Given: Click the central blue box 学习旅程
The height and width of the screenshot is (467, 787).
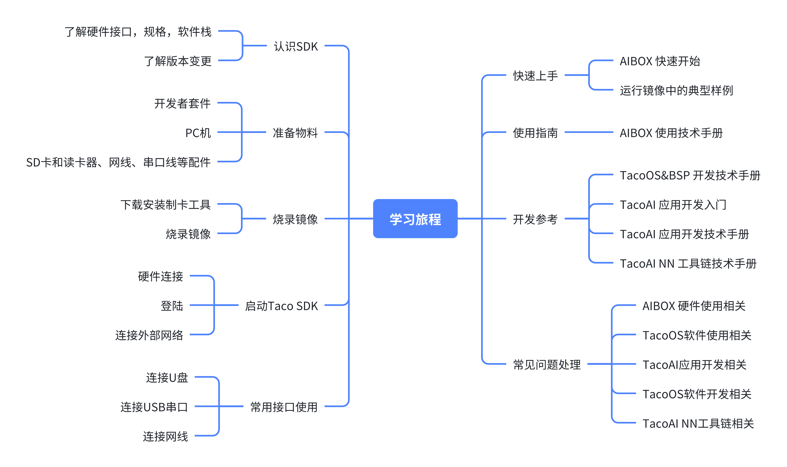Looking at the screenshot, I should (x=415, y=219).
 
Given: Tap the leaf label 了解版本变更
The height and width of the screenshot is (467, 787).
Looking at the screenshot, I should (x=178, y=61).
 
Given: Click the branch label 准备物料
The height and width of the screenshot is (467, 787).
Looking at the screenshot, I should (x=295, y=133).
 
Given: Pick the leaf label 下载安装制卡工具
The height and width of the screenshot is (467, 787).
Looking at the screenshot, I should (x=165, y=205).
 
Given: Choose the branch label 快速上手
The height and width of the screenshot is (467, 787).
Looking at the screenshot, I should (x=535, y=76).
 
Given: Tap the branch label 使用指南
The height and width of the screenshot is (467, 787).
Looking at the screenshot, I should (x=535, y=133).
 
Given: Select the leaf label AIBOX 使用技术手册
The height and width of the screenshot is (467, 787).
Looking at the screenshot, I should (x=671, y=133).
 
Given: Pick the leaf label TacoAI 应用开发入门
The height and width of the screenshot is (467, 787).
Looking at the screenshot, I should (x=673, y=205).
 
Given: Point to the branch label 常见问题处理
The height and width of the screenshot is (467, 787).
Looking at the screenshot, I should (x=546, y=365).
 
